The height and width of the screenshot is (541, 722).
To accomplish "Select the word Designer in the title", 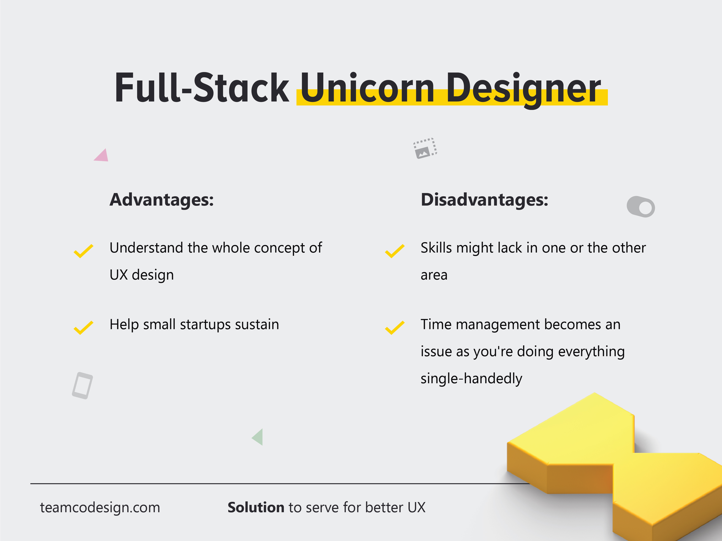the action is pos(523,90).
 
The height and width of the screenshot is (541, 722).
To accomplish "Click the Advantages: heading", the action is pos(162,200).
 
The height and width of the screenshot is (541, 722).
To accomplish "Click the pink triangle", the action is pos(102,156).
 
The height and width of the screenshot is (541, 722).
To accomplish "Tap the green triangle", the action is pos(258,437).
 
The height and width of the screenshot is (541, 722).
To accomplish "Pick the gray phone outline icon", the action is pos(82,385).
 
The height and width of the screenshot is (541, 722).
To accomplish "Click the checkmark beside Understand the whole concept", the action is pos(84,251).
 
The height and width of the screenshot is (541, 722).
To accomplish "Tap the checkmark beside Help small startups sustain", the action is pos(84,328).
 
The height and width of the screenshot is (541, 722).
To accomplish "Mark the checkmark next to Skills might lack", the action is pos(395,251).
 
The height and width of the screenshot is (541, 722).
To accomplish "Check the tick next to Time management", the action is pos(395,328).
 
